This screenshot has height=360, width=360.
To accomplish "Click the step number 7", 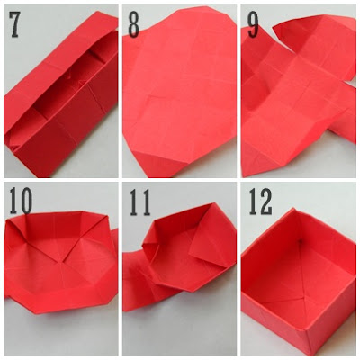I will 16,24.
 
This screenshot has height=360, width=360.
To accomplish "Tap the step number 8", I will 133,24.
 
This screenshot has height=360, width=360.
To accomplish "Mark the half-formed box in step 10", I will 58,261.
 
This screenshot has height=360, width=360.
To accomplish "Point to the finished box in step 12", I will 297,279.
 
